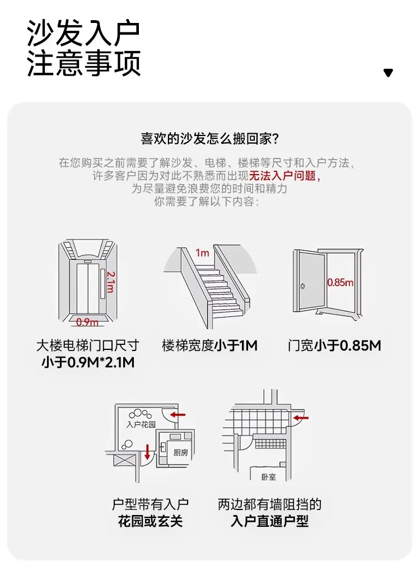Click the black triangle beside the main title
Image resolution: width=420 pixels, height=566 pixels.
point(388,73)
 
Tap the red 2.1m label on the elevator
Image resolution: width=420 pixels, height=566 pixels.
point(111,282)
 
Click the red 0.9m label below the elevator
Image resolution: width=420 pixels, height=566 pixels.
point(87,321)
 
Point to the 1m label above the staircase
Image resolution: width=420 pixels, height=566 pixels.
point(202,252)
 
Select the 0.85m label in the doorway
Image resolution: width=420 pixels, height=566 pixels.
point(340,282)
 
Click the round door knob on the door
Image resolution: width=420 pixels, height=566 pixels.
point(302,287)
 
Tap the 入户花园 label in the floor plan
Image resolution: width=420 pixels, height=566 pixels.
point(141,424)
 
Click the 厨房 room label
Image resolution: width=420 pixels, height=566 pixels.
point(180,452)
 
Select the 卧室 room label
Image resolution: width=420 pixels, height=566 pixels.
point(269,477)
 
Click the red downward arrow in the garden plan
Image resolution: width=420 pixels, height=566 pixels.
point(147,452)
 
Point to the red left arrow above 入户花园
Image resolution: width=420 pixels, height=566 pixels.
point(178,415)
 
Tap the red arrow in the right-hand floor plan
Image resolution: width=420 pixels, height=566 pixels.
point(301,418)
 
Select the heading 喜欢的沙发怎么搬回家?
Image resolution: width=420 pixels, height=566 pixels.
point(210,138)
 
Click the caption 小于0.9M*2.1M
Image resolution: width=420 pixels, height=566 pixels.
point(88,362)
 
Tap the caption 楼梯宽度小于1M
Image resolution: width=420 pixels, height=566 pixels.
point(209,345)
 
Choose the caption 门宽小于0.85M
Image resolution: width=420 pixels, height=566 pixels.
point(334,345)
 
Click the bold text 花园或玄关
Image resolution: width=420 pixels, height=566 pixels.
point(150,521)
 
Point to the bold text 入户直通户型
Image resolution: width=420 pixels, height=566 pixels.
point(269,521)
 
